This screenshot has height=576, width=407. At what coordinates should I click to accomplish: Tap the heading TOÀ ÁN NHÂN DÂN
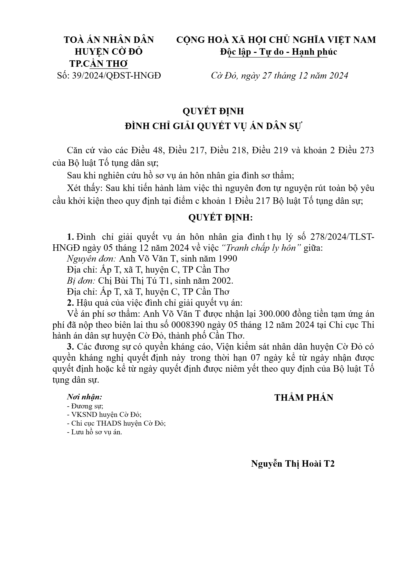click(x=109, y=40)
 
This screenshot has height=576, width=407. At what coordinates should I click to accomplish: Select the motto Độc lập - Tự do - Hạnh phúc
click(x=278, y=52)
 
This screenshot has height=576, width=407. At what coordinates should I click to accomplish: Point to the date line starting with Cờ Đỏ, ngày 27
click(x=279, y=76)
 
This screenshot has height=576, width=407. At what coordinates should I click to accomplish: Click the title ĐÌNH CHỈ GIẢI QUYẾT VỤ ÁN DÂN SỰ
click(x=214, y=126)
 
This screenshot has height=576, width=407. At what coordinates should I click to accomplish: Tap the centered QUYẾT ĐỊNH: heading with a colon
click(x=220, y=218)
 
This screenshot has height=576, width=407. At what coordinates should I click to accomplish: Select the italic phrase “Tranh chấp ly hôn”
click(x=261, y=248)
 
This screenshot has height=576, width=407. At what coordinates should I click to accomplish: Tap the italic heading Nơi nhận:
click(x=84, y=397)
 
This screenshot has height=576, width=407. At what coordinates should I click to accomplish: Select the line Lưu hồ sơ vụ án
click(x=94, y=432)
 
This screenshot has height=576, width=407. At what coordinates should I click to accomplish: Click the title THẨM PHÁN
click(x=304, y=398)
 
